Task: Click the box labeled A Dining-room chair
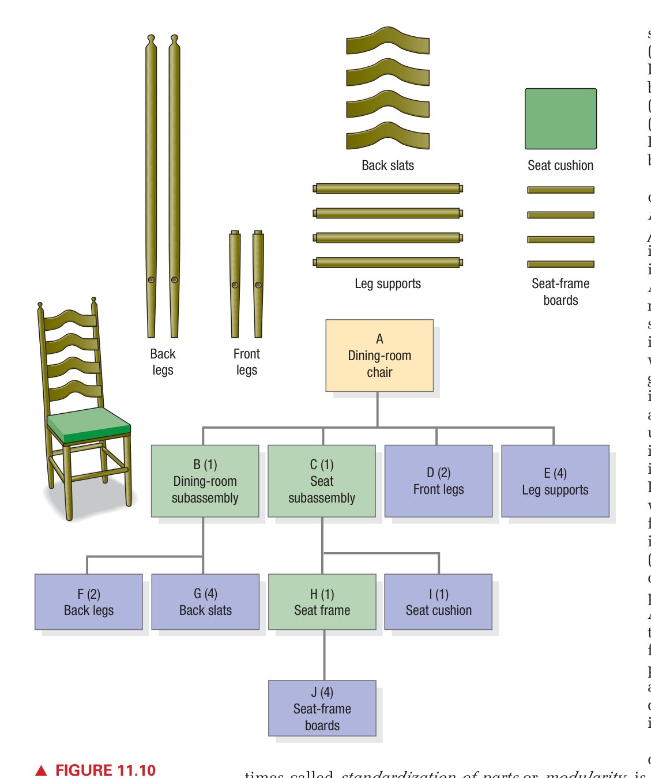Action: tap(379, 356)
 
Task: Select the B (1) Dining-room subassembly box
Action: tap(205, 481)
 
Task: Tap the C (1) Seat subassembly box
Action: tap(322, 481)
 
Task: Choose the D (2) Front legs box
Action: tap(438, 481)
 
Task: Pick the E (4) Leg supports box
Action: tap(555, 481)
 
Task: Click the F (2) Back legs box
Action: tap(88, 602)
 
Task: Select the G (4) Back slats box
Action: tap(205, 602)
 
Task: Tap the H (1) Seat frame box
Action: tap(322, 602)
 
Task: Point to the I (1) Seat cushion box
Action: tap(438, 602)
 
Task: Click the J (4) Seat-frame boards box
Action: tap(322, 708)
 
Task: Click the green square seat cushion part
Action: tap(560, 119)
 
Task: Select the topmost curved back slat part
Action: tap(387, 41)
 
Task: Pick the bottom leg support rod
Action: tap(387, 263)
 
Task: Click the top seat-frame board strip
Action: tap(560, 190)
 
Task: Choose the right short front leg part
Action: tap(258, 285)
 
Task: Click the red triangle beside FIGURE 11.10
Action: tap(42, 771)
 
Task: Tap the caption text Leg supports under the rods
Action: tap(387, 284)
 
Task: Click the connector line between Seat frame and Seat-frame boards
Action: tap(324, 655)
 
